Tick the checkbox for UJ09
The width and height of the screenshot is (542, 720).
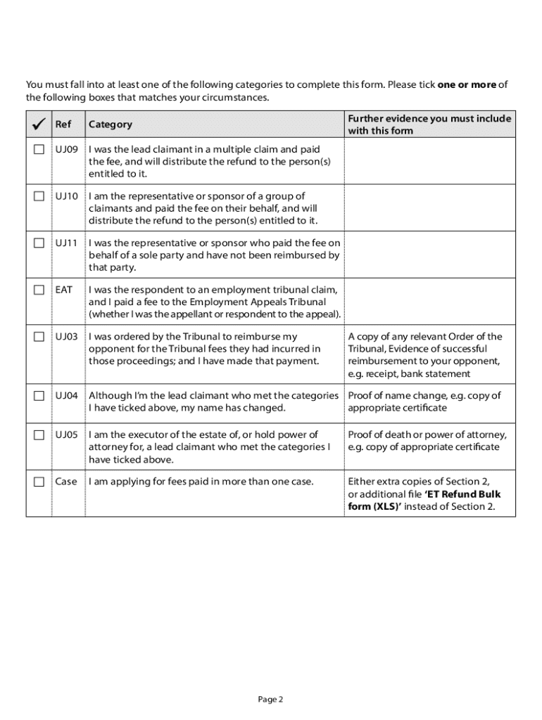click(x=39, y=150)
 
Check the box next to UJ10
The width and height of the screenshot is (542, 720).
click(x=39, y=196)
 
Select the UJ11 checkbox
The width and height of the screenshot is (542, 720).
click(x=39, y=243)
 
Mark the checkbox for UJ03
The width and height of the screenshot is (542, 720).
click(x=39, y=337)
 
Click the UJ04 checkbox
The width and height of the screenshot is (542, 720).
click(x=39, y=395)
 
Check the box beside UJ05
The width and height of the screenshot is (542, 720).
click(x=39, y=435)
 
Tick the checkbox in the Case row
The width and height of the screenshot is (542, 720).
click(x=39, y=482)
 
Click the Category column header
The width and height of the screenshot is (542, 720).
click(x=110, y=124)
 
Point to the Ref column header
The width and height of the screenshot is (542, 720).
click(x=63, y=124)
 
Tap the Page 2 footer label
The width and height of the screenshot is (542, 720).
click(x=270, y=699)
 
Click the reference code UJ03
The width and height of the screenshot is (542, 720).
click(x=67, y=337)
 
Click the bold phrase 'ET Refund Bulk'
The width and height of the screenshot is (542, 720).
click(x=462, y=494)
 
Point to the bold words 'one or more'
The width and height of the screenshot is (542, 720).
click(x=467, y=85)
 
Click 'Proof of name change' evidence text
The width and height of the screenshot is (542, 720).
click(x=400, y=395)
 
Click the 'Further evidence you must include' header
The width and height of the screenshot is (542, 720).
click(x=429, y=118)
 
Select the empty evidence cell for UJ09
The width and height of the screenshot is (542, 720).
click(x=429, y=161)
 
